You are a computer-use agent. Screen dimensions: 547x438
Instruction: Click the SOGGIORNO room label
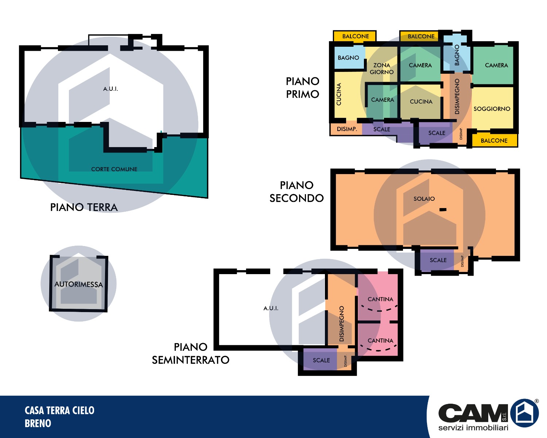point(492,109)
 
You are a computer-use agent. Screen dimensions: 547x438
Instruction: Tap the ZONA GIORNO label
point(381,69)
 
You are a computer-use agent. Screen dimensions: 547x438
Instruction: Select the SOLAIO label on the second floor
point(424,199)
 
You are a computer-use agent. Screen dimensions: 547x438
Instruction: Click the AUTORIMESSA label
point(78,284)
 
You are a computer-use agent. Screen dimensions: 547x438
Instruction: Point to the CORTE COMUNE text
point(114,169)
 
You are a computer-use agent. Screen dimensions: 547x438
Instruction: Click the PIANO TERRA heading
point(84,207)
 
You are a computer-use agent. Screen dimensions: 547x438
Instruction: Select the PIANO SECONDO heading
point(296,192)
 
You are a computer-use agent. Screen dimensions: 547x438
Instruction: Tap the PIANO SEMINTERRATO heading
point(191,354)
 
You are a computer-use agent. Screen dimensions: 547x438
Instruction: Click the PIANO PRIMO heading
point(302,88)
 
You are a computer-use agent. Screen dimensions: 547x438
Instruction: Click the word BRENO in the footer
point(38,423)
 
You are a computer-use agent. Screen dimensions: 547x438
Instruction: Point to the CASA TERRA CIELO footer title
point(59,410)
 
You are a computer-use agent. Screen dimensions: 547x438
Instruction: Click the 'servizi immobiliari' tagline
point(473,427)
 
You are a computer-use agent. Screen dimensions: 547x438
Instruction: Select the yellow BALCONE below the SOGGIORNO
point(494,140)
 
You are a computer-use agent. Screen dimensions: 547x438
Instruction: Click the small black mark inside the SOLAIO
point(443,210)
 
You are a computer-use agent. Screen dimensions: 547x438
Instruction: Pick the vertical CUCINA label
point(339,94)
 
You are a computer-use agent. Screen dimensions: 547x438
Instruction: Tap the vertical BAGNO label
point(457,55)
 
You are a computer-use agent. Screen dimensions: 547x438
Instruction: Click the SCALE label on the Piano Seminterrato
point(321,360)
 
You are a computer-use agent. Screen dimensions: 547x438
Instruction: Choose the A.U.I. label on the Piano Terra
point(110,89)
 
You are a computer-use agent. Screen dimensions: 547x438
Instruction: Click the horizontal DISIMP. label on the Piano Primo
point(347,129)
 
